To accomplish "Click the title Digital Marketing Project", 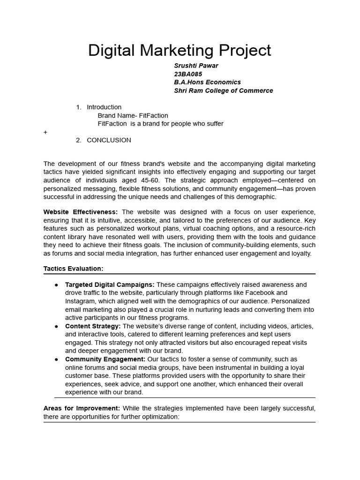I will pos(180,51).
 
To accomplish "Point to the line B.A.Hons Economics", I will pos(207,82).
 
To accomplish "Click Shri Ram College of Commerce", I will pos(223,90).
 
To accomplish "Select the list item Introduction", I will pos(104,107).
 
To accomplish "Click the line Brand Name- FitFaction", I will pos(133,115).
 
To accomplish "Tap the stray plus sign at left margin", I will pos(45,132).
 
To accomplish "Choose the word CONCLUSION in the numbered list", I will pos(109,140).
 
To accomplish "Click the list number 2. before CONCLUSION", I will pos(79,140).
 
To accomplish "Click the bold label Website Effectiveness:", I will pos(81,212).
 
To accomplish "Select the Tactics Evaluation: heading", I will pos(73,269).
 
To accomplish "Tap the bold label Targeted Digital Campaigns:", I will pos(110,285).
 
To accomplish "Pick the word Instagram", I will pos(79,301).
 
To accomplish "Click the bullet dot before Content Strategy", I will pos(57,326).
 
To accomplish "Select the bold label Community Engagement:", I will pos(105,359).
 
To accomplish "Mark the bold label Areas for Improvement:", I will pos(82,408).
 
